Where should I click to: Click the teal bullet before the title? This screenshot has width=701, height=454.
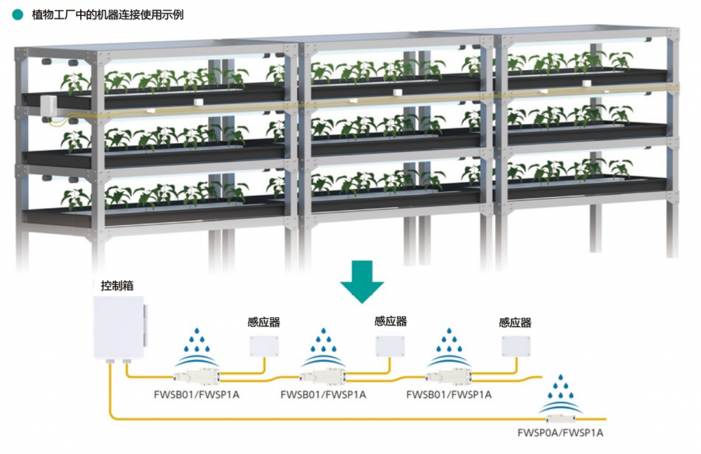[18, 14]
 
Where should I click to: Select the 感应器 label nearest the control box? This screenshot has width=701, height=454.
[264, 322]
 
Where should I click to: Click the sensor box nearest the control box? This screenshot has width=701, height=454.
[264, 346]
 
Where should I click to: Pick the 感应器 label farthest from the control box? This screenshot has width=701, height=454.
[515, 322]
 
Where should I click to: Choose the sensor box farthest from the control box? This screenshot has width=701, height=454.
[515, 346]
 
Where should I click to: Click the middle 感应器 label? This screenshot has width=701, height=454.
[390, 320]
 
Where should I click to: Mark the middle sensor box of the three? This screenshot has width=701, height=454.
[390, 346]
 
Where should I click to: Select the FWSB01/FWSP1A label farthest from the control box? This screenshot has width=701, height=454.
[448, 394]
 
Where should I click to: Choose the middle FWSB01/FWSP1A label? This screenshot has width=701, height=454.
[323, 394]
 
